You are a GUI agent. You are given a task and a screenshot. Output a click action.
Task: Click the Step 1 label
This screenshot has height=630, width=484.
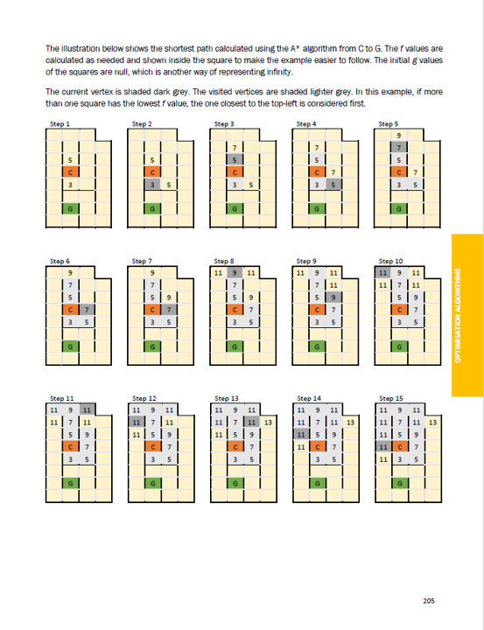60,123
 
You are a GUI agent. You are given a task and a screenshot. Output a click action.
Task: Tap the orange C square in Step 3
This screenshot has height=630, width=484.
235,172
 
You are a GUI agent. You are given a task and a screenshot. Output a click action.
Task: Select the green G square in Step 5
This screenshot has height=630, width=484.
399,209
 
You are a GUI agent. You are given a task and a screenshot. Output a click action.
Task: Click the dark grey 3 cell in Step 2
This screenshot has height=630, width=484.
152,185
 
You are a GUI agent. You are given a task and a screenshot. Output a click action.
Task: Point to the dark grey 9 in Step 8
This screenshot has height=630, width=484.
235,273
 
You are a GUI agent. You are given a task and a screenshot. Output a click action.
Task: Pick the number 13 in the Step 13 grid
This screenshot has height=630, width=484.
268,423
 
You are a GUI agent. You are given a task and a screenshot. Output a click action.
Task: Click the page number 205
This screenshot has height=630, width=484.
429,601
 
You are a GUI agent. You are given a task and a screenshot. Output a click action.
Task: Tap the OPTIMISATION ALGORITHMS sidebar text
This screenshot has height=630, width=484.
458,315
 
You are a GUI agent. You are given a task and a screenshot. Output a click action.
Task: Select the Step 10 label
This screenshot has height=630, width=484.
390,261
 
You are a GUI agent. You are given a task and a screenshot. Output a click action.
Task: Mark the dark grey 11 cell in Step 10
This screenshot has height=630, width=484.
382,273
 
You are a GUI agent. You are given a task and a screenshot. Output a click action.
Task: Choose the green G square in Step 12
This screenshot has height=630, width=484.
153,483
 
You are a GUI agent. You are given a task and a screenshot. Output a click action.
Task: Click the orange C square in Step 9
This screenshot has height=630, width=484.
317,310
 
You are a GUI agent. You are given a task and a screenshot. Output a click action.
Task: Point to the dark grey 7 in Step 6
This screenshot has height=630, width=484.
87,310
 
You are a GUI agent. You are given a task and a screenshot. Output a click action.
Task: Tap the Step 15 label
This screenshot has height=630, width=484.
390,399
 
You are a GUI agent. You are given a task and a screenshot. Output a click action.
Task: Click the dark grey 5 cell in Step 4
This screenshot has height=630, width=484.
333,185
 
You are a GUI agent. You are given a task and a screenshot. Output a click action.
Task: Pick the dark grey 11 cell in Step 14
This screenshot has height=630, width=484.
301,434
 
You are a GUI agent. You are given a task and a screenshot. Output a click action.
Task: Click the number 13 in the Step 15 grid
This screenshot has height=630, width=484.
432,423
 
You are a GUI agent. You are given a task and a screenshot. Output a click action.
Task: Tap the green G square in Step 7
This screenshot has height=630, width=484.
152,346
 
